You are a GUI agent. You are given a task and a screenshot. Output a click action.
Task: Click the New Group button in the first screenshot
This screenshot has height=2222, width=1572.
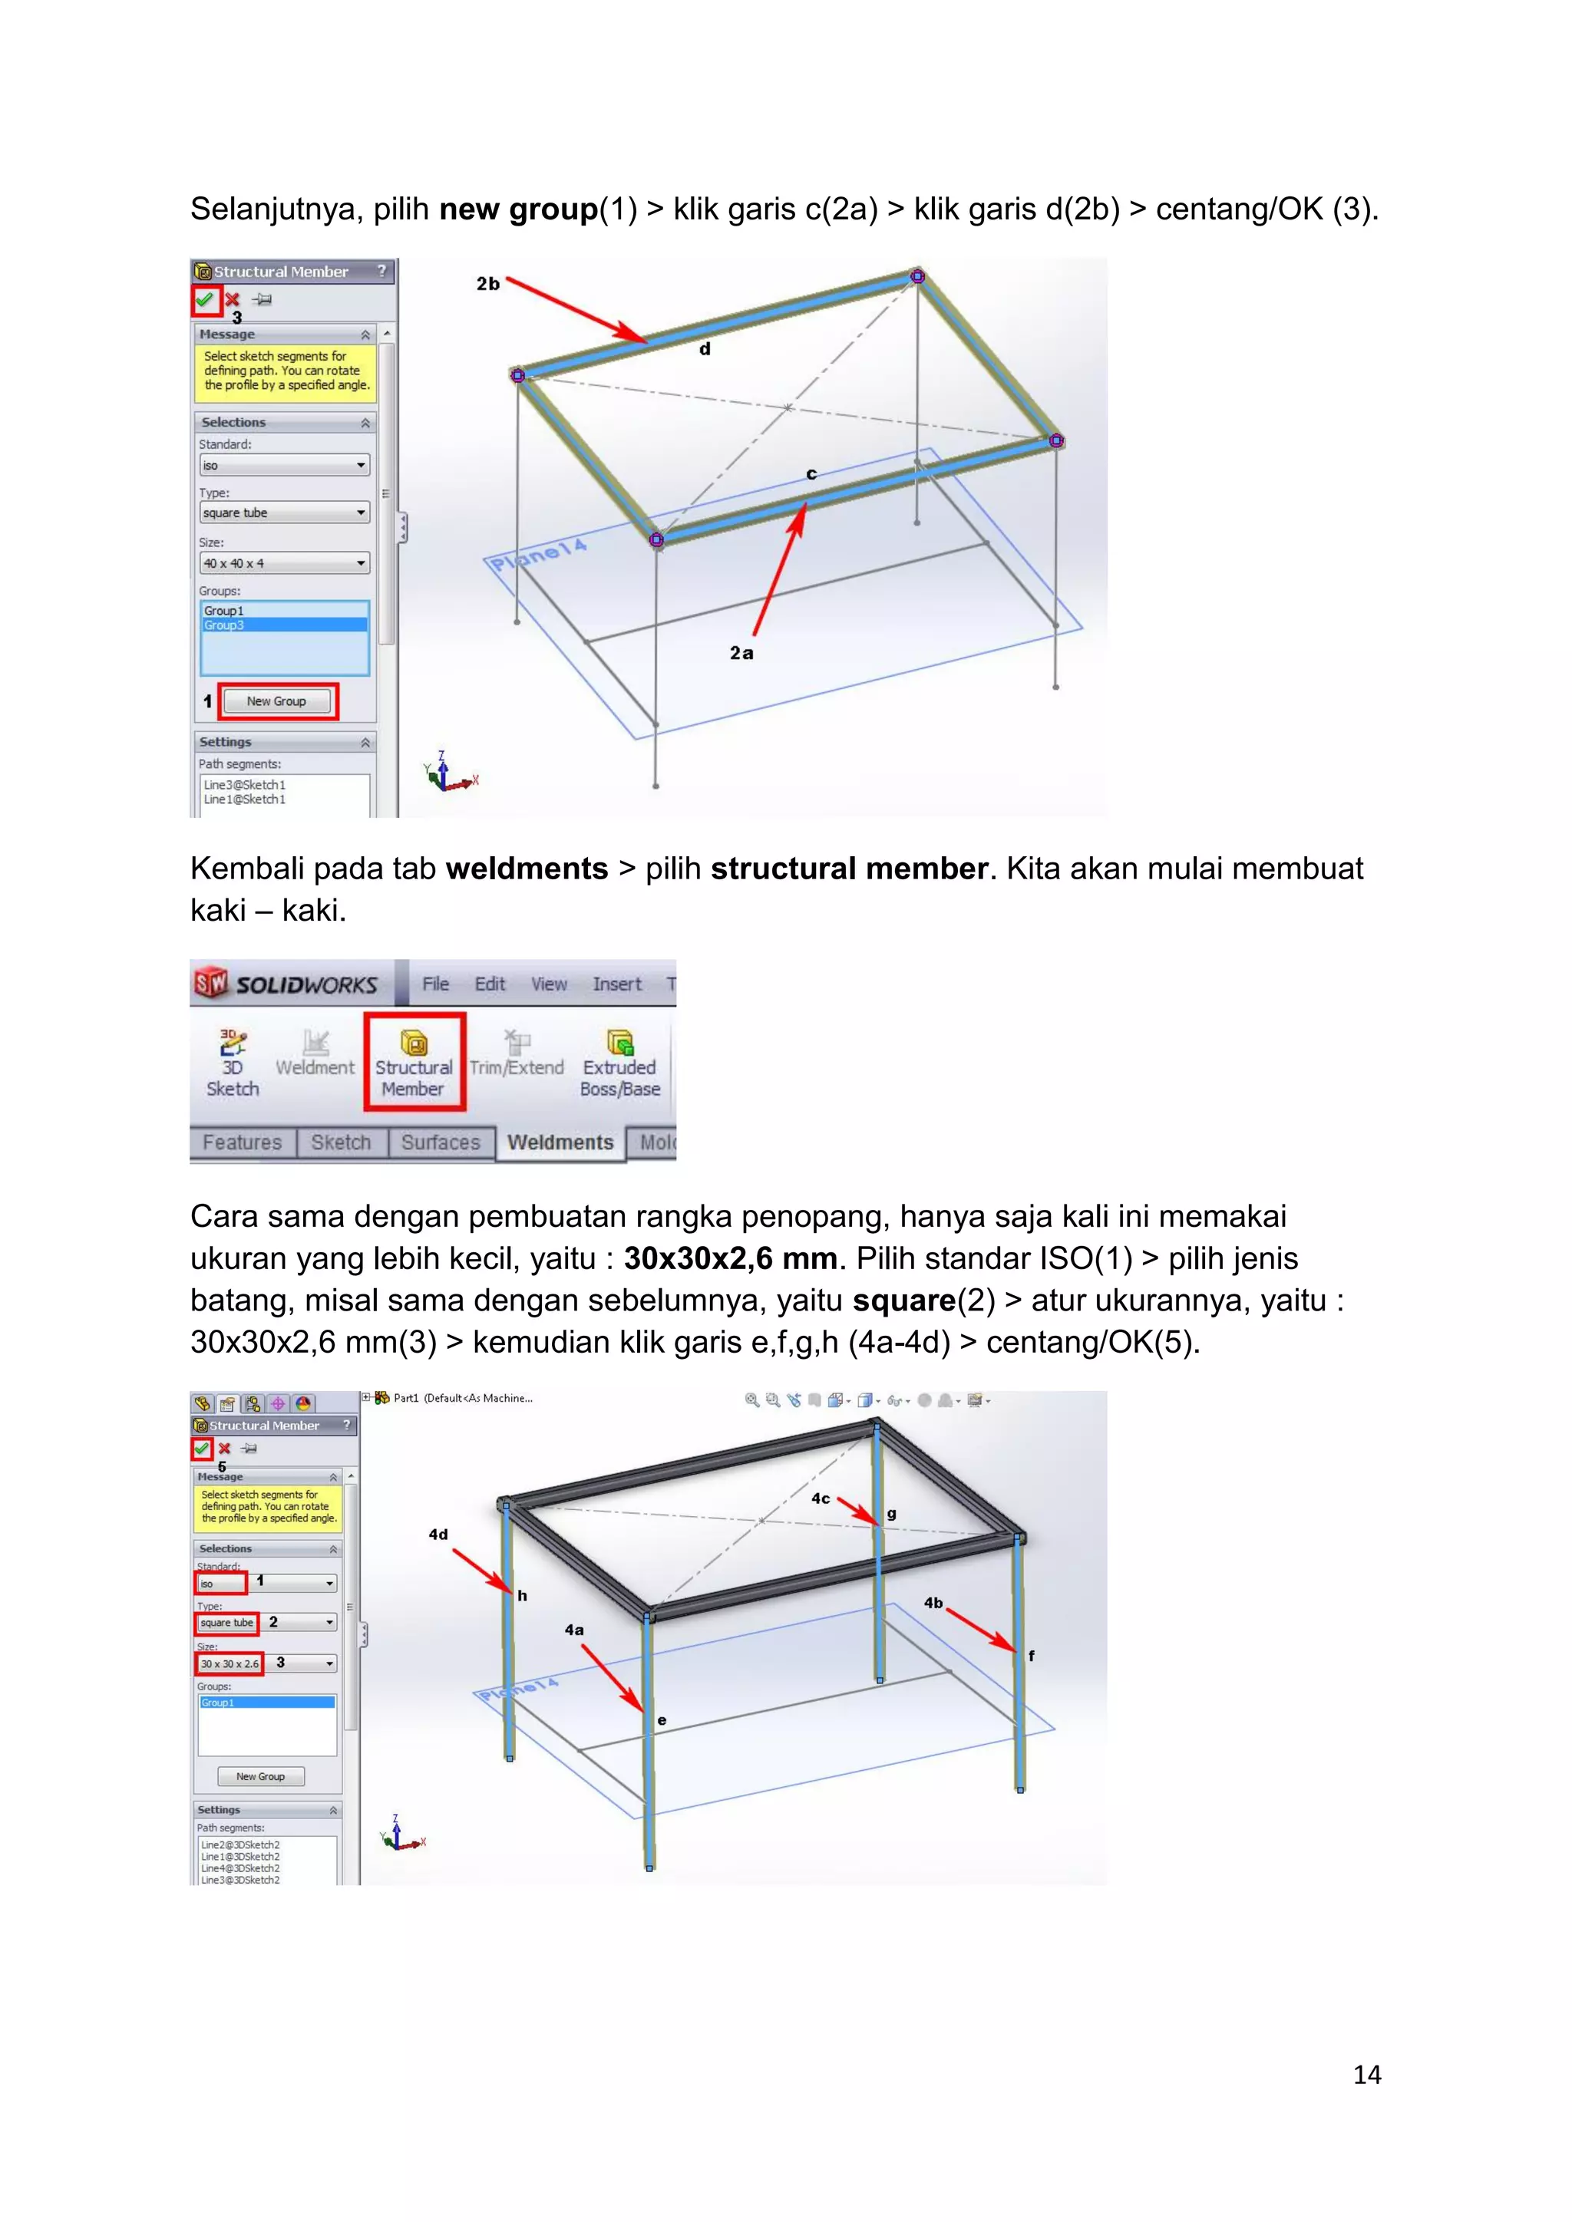277,701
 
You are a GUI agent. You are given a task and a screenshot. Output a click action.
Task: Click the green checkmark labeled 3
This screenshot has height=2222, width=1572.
204,300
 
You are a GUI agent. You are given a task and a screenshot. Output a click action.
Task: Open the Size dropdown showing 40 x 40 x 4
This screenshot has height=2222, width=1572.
283,563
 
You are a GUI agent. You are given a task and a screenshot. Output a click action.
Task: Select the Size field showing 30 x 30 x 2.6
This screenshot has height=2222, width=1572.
230,1663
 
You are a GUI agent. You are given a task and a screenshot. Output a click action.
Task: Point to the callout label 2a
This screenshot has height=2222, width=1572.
741,653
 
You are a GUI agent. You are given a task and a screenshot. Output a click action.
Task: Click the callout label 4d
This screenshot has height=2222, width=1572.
438,1534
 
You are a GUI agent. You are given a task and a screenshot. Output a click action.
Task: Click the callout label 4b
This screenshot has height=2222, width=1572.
933,1603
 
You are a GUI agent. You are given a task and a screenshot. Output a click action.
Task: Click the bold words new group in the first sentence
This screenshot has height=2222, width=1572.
518,209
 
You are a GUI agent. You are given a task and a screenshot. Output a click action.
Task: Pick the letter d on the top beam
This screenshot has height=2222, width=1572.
705,349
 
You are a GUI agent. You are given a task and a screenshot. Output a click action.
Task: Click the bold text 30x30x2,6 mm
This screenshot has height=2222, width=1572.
730,1258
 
